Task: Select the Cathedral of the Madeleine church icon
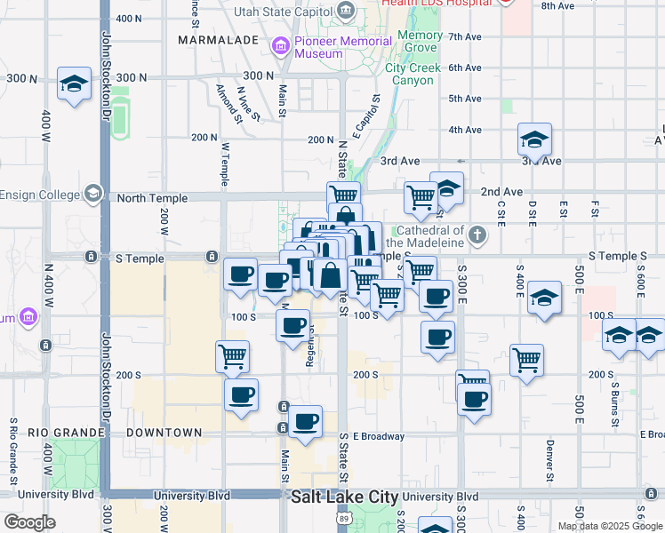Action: [478, 235]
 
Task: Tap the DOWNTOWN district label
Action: [164, 433]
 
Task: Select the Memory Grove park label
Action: [419, 41]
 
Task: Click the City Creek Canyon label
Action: [410, 74]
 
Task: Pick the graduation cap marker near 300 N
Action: [74, 84]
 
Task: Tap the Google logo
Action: [29, 522]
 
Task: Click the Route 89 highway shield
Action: [344, 517]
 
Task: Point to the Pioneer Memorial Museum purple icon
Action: [281, 45]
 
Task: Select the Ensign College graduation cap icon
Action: [92, 195]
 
